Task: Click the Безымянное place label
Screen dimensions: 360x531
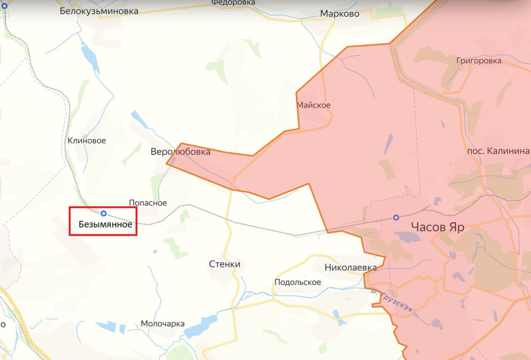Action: click(x=105, y=225)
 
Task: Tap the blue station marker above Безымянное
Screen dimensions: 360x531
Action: click(x=104, y=213)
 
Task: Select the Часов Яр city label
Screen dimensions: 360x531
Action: click(x=437, y=227)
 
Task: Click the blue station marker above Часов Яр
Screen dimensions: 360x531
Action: click(x=396, y=217)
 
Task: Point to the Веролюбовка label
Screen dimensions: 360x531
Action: click(x=180, y=152)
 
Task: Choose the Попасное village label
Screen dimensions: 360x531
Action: click(x=148, y=203)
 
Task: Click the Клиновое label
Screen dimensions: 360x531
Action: click(x=87, y=141)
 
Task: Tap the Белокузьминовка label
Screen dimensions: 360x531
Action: click(x=99, y=11)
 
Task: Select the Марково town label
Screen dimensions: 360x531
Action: click(x=339, y=14)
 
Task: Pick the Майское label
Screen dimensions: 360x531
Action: click(x=314, y=105)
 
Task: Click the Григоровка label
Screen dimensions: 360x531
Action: click(x=479, y=61)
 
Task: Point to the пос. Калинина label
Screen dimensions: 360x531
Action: click(x=498, y=151)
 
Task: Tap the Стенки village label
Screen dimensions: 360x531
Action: click(x=224, y=264)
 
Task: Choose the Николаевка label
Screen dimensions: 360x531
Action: click(x=351, y=267)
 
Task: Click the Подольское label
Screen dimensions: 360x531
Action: click(x=297, y=282)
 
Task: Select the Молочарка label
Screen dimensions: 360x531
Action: click(x=163, y=324)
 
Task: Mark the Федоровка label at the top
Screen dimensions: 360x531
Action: click(x=233, y=2)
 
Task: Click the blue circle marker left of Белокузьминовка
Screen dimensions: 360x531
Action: click(x=4, y=6)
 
